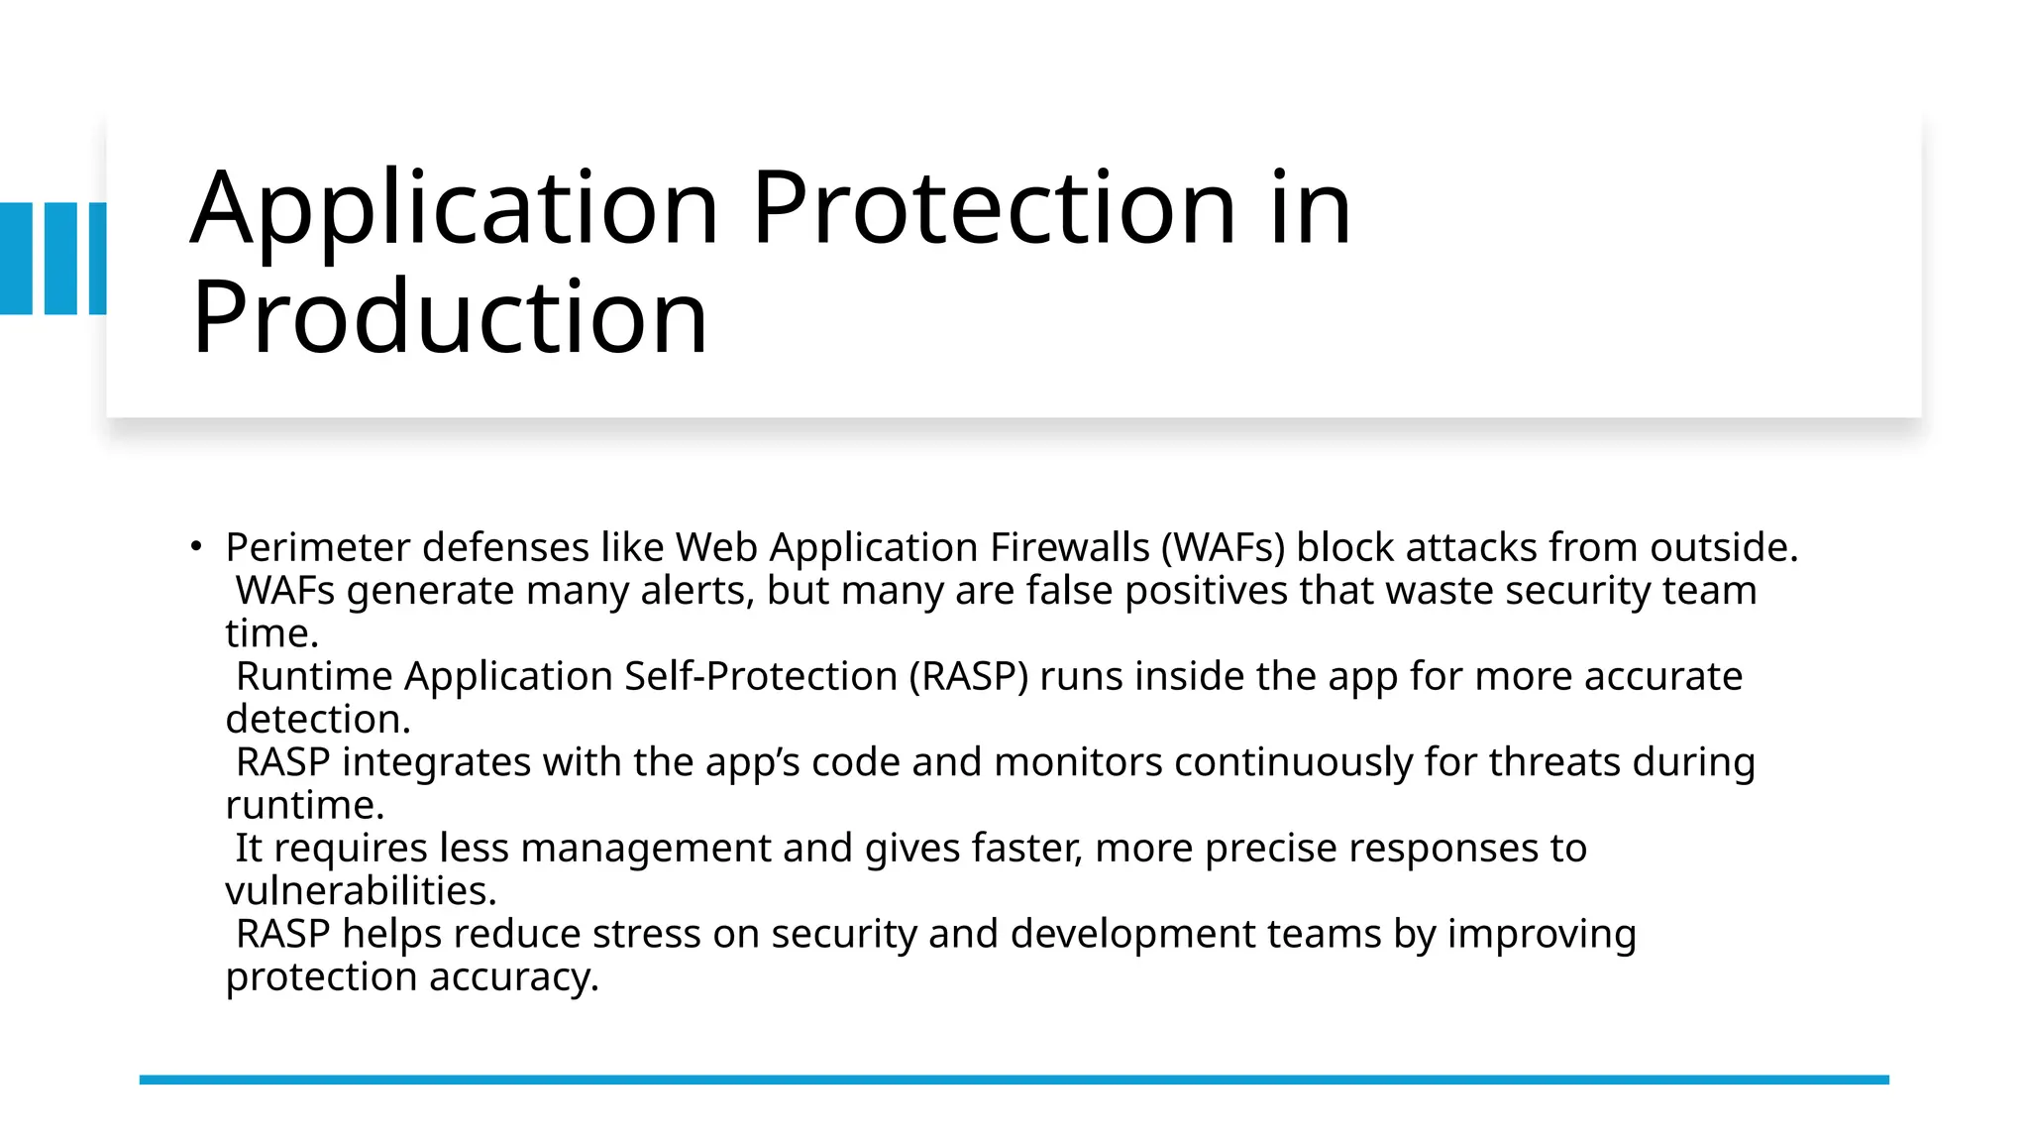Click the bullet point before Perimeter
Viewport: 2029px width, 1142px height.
tap(196, 546)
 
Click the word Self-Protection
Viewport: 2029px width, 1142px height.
tap(761, 677)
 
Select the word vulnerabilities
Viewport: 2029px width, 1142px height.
tap(361, 891)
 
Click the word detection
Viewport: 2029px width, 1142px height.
tap(317, 720)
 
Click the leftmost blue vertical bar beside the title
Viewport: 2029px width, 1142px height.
tap(16, 259)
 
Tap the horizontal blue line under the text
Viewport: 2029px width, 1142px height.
tap(1014, 1080)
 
